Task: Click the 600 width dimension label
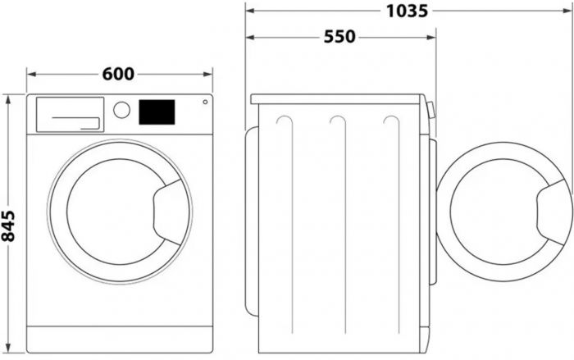(118, 74)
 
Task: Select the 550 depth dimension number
(339, 38)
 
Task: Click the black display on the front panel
(157, 112)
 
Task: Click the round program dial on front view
(122, 110)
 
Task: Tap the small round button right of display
(204, 103)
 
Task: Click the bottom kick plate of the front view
(120, 338)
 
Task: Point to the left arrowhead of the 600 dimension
(30, 74)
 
